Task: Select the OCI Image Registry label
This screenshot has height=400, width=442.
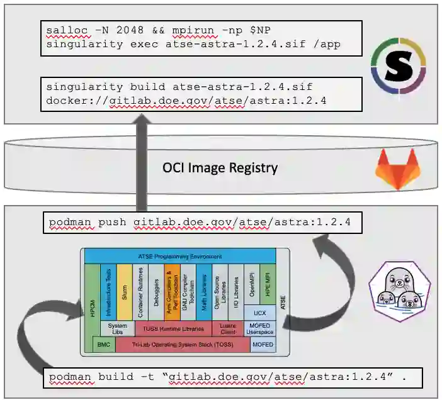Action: point(220,168)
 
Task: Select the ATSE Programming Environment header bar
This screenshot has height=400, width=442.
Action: point(180,256)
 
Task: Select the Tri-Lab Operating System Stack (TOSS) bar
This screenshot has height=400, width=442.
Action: point(182,345)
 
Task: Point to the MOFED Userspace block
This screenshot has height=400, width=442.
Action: point(262,328)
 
